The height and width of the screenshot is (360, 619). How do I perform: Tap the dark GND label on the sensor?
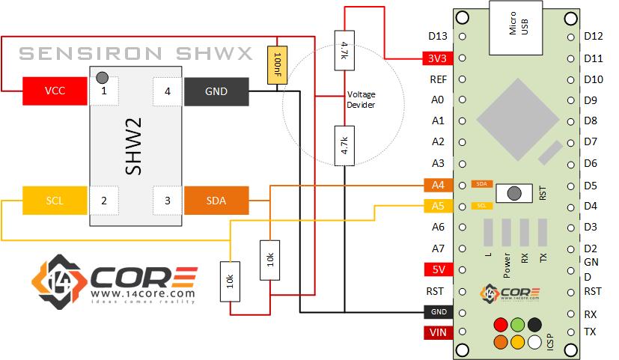(216, 92)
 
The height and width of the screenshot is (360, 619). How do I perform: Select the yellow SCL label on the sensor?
(55, 201)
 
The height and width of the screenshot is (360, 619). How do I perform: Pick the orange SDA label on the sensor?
(216, 201)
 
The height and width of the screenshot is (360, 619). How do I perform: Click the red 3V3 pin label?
(437, 58)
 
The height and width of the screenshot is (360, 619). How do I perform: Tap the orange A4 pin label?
(437, 184)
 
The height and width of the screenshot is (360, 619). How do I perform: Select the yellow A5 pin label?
(437, 206)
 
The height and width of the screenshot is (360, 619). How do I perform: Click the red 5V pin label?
(437, 269)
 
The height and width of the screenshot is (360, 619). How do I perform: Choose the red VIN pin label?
(437, 332)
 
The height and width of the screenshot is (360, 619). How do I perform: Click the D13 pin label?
(437, 36)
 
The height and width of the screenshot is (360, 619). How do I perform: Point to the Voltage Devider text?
(361, 100)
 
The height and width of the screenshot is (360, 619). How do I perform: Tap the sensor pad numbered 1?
(104, 91)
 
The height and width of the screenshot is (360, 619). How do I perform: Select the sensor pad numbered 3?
(167, 201)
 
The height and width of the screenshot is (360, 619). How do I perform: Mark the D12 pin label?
(593, 36)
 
